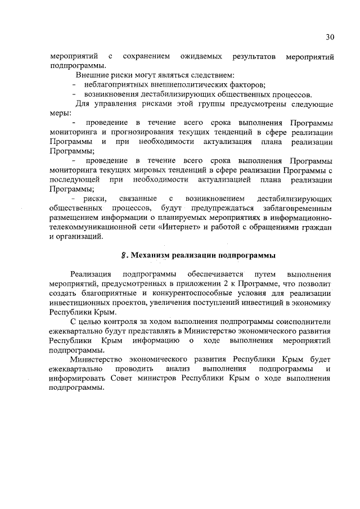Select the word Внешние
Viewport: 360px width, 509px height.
pyautogui.click(x=91, y=75)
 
